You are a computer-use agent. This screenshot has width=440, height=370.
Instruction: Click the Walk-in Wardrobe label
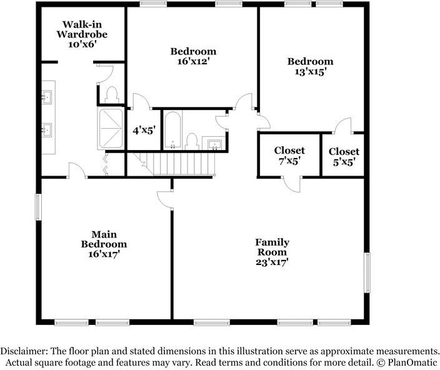82,34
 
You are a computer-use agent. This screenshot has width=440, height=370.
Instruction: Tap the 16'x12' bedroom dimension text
193,61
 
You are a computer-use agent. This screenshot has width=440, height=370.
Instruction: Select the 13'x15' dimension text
310,72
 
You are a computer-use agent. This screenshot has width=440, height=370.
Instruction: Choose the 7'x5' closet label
289,161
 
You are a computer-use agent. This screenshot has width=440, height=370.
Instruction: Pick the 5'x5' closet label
344,162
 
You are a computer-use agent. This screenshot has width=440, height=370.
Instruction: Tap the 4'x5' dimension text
144,131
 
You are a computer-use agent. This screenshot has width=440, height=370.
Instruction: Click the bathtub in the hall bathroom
172,131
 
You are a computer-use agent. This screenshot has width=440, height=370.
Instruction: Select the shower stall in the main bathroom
110,129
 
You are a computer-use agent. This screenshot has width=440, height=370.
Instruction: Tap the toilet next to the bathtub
192,142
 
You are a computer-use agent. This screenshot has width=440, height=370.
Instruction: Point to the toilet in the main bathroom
112,95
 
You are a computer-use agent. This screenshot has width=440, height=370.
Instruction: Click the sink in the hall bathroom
214,144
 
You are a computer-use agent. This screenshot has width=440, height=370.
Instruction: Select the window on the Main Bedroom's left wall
38,207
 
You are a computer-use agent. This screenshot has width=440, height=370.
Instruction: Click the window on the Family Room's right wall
367,272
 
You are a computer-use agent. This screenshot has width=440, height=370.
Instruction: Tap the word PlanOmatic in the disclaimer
412,362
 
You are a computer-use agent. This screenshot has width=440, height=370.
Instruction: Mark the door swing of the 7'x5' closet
292,185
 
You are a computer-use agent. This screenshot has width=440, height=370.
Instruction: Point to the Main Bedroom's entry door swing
165,200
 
